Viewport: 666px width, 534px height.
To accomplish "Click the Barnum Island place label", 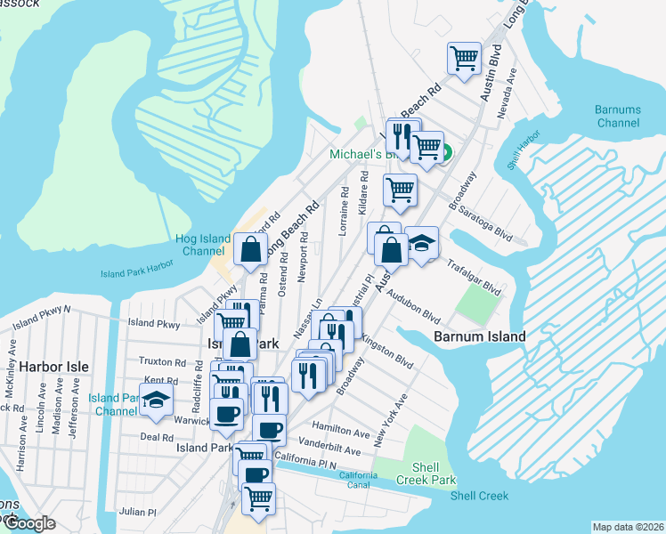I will pos(480,337).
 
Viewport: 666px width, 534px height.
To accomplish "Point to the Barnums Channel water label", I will pos(617,116).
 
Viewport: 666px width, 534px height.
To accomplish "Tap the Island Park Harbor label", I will pos(137,273).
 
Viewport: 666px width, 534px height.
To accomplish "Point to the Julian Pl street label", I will pos(138,512).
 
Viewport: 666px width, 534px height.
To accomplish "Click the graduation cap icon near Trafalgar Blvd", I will pos(421,243).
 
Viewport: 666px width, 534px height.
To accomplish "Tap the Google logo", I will pos(29,524).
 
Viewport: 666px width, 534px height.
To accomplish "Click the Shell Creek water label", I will pos(479,496).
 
